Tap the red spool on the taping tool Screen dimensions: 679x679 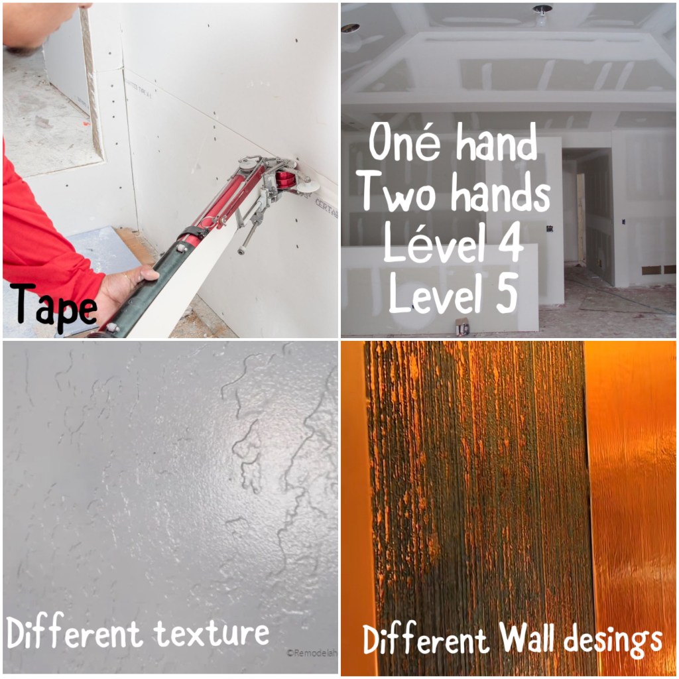(x=286, y=179)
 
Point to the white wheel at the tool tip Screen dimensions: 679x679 (x=308, y=186)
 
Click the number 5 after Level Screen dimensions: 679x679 (x=507, y=292)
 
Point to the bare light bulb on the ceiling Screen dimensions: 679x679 (x=541, y=17)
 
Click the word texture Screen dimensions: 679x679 (x=212, y=633)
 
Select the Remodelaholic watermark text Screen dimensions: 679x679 (x=312, y=653)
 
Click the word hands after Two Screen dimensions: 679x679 (x=501, y=192)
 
